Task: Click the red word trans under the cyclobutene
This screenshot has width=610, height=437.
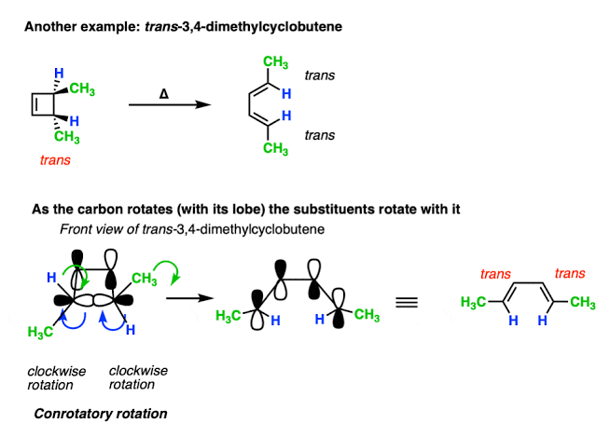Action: coord(54,159)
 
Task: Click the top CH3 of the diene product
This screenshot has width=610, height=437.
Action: coord(274,62)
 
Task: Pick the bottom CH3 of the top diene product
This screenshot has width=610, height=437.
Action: coord(274,148)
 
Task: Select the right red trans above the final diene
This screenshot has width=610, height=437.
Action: coord(571,273)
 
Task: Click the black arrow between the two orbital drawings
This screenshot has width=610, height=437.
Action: coord(185,299)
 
